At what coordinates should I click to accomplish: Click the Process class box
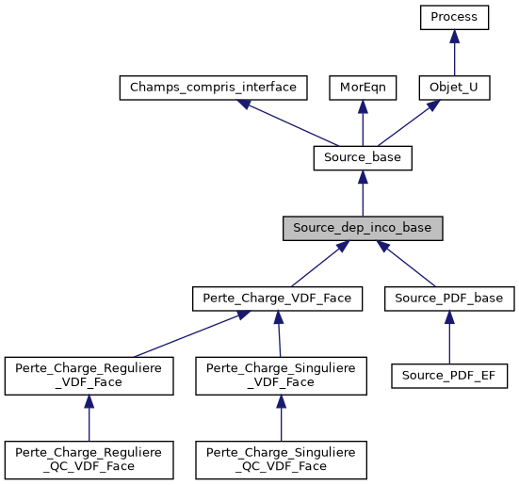(x=454, y=17)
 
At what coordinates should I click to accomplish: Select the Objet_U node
(x=454, y=88)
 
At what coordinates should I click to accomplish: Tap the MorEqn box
(x=363, y=88)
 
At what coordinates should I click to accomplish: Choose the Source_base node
(x=363, y=158)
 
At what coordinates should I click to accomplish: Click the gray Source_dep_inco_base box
(x=363, y=228)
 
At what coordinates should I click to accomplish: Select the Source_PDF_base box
(x=449, y=299)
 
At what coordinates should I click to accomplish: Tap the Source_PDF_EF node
(x=449, y=376)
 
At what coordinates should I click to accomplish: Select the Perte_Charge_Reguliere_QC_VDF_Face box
(x=89, y=459)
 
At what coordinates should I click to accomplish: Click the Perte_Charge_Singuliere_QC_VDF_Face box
(x=282, y=459)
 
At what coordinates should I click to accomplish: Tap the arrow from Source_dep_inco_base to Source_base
(x=363, y=193)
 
